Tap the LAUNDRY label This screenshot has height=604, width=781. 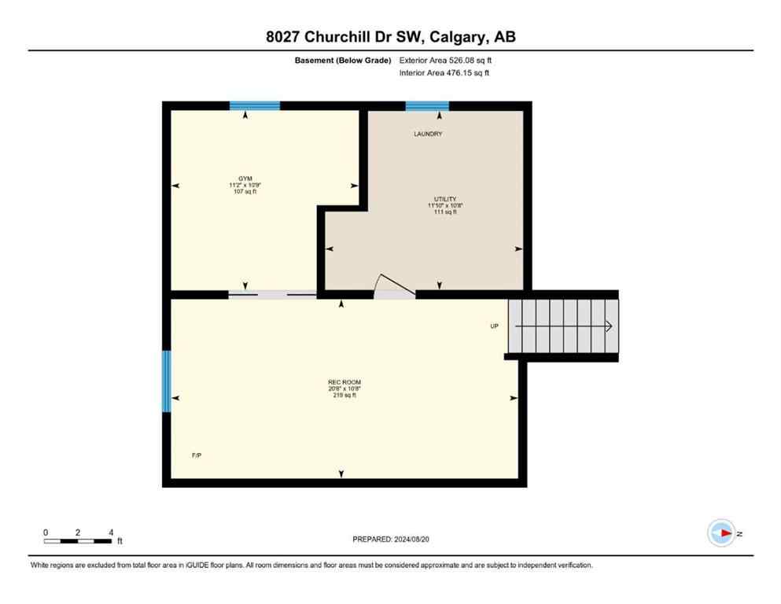[x=428, y=134]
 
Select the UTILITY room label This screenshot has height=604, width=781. [x=440, y=199]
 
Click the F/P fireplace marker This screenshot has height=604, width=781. [x=197, y=455]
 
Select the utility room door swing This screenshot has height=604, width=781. [x=391, y=285]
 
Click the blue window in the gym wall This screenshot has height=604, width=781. [x=255, y=106]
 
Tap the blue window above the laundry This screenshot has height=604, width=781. [x=427, y=106]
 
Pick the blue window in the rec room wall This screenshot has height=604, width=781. [x=166, y=381]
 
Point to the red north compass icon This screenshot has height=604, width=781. [x=721, y=533]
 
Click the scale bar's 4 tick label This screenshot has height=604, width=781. [x=111, y=532]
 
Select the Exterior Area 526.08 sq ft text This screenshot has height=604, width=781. [x=447, y=60]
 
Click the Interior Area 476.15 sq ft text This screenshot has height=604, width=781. [x=445, y=73]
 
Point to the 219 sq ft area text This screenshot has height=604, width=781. [x=344, y=396]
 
